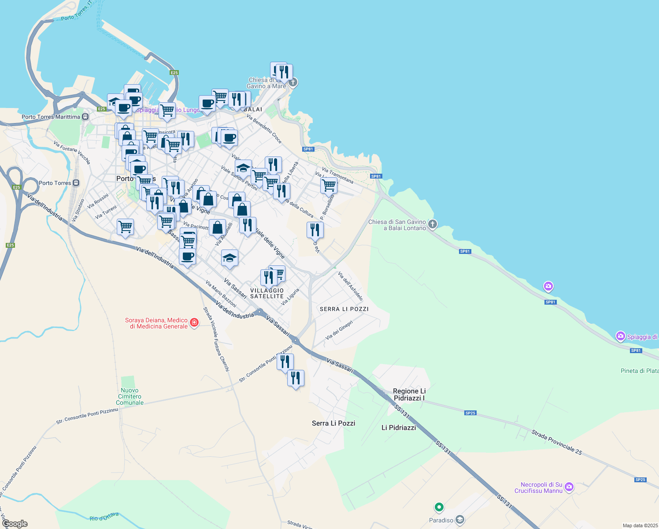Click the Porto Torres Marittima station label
(51, 117)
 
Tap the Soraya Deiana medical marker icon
(194, 324)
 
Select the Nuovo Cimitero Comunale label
(130, 396)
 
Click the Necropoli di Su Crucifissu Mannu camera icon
(569, 487)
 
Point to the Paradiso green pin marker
(439, 507)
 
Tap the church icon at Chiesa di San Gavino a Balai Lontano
(433, 224)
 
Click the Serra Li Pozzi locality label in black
(333, 423)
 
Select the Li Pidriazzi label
(399, 428)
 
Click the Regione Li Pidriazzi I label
(409, 395)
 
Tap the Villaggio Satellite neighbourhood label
(267, 293)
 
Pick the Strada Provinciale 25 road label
(557, 442)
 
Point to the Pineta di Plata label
(640, 371)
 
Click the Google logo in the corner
(15, 524)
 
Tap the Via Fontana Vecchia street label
(72, 152)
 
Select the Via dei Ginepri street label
(339, 330)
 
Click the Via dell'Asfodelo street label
(350, 287)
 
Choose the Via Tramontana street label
(337, 175)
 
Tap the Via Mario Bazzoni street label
(221, 294)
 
